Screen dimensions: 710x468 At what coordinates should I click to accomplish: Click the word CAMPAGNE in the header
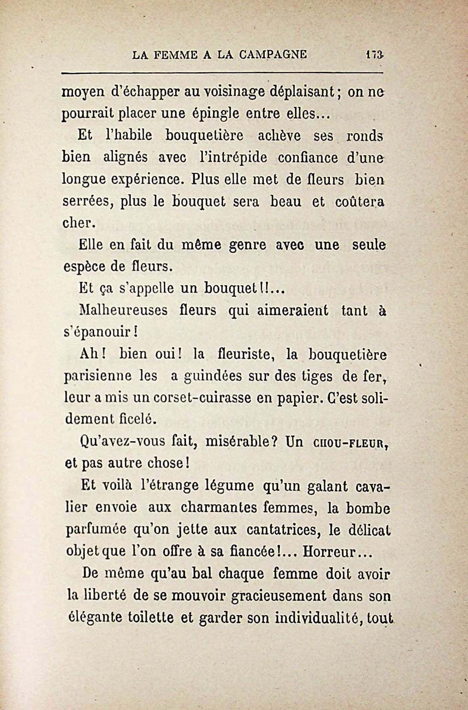273,54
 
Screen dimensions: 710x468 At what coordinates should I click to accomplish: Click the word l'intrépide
234,157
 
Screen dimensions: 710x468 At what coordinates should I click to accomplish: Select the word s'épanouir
100,332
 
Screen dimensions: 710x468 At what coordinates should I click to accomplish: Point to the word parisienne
98,376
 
